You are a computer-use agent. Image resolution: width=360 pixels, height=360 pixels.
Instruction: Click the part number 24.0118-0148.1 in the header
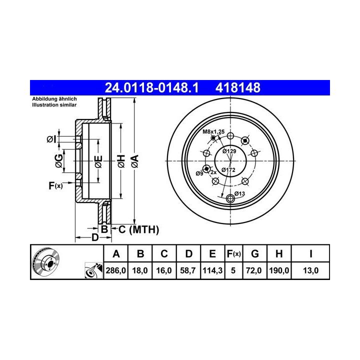pos(151,87)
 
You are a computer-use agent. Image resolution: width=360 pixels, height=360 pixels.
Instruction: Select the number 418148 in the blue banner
pos(238,87)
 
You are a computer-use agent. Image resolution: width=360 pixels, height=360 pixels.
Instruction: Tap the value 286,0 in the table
pos(115,270)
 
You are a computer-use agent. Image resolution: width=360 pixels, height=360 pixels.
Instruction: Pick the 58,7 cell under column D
pos(188,270)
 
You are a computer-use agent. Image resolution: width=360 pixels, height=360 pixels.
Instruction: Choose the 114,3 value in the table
pos(212,270)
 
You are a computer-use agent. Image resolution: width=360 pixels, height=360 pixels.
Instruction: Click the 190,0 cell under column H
pos(279,270)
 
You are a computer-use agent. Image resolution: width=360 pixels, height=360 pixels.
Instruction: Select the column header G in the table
pos(255,253)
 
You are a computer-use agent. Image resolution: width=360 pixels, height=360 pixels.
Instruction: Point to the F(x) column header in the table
pos(233,253)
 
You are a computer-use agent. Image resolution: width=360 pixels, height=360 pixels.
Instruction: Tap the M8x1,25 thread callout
pos(213,132)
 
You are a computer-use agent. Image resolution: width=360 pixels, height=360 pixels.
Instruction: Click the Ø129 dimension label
pos(229,151)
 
